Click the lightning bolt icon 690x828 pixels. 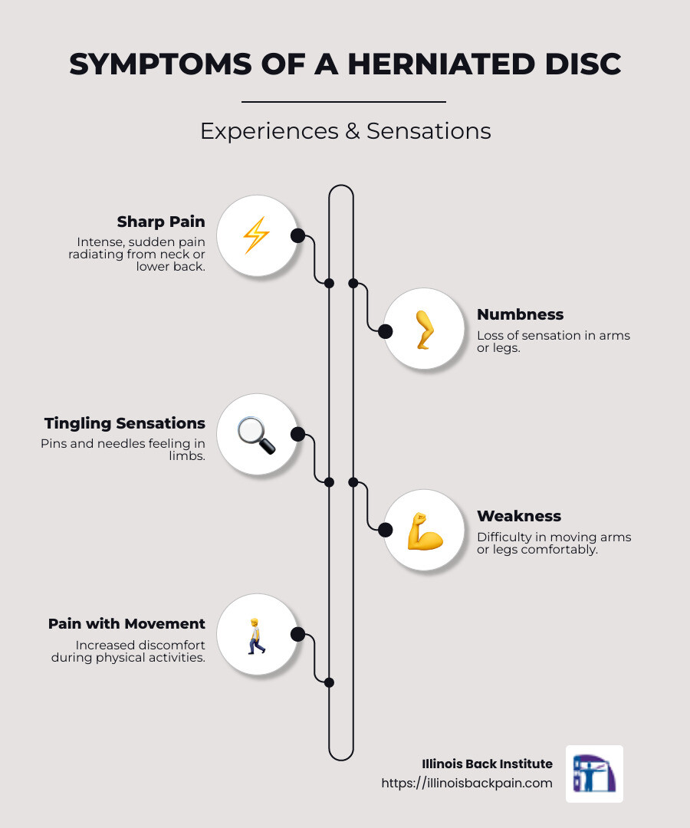coord(256,235)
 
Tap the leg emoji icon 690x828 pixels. coord(423,330)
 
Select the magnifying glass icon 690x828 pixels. coord(256,435)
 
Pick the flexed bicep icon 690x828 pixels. coord(423,530)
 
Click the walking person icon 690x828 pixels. coord(256,635)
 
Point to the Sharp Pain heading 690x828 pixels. coord(161,222)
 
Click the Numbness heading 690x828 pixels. coord(520,314)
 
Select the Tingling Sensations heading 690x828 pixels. coord(125,423)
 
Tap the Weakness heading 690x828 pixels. coord(519,516)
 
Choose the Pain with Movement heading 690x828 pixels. coord(127,623)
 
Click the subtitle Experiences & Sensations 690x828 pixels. coord(345,131)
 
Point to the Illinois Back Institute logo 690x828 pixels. coord(594,774)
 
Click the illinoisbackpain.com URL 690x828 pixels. coord(467,784)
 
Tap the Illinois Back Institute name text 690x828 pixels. coord(487,764)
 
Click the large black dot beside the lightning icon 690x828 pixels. coord(297,235)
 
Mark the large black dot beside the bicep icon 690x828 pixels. coord(385,528)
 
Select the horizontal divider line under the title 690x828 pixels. coord(343,101)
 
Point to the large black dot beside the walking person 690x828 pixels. coord(297,634)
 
